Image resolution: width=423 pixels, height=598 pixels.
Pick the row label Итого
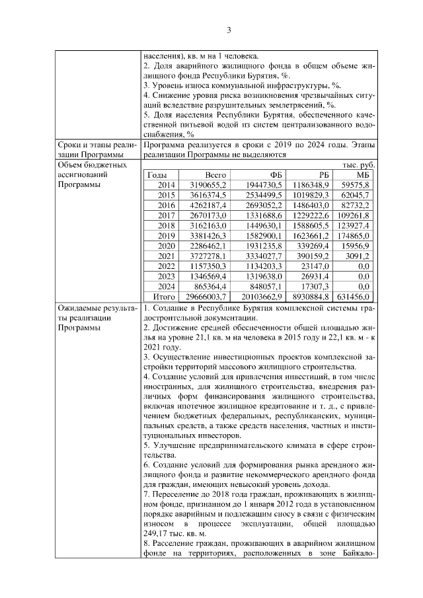click(x=162, y=297)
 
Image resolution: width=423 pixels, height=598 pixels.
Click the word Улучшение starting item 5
click(x=174, y=445)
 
